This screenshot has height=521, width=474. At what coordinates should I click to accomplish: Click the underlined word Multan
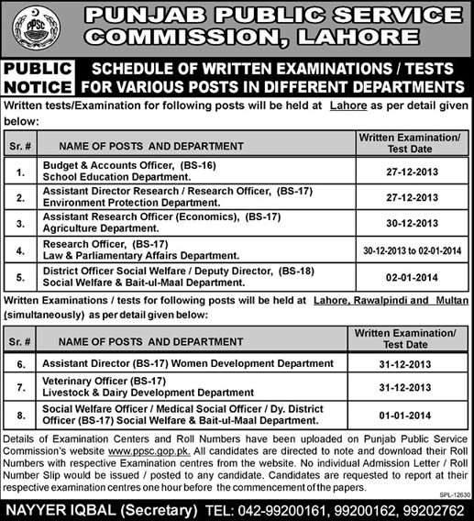450,300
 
